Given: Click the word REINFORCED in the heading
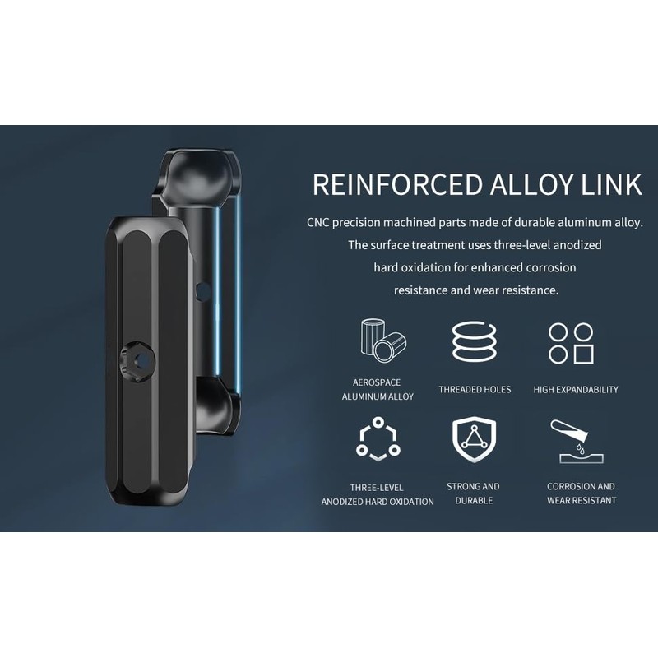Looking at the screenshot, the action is pos(387,184).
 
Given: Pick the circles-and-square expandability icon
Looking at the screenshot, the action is pos(571,343).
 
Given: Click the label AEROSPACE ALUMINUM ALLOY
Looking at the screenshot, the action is pos(378,389).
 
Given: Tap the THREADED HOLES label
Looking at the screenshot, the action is pos(475,390).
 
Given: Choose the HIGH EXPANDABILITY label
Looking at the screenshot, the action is pos(576,390).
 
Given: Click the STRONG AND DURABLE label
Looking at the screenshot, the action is pos(473,493).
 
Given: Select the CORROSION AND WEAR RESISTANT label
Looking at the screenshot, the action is pos(582,493).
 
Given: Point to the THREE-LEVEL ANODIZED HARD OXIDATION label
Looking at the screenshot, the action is pos(378,494).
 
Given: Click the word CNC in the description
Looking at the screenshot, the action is pos(321,221).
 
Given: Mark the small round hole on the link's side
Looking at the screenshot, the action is pos(202,290).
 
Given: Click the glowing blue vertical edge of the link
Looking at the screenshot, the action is pos(238,296).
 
